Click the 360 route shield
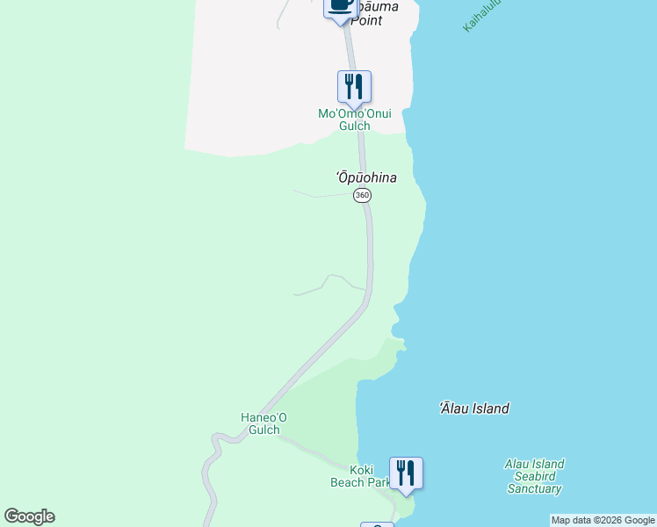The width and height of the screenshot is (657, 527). (362, 195)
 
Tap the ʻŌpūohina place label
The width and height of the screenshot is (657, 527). (366, 177)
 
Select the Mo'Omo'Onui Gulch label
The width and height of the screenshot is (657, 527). (355, 119)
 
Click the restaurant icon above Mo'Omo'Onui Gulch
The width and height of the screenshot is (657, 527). (354, 86)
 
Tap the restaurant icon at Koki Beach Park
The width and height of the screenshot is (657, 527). (406, 473)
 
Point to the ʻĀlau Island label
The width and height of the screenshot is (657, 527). (474, 408)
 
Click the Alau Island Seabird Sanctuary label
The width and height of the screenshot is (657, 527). (534, 476)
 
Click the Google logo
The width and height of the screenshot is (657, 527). (29, 516)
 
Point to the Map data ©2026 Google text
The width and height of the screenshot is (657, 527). (603, 520)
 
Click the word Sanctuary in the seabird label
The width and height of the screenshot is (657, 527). (534, 488)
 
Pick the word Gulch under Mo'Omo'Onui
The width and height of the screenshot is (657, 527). (355, 126)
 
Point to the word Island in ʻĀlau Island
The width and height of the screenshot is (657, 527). (490, 408)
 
